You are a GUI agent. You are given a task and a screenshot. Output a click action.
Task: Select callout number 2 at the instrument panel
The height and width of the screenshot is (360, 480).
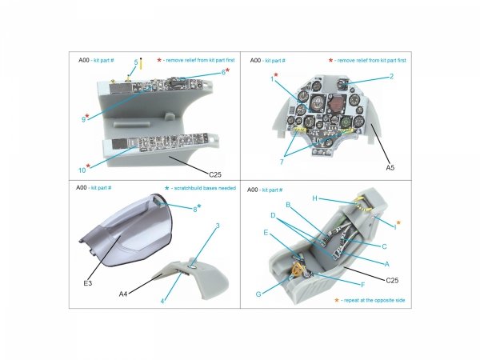[392, 77]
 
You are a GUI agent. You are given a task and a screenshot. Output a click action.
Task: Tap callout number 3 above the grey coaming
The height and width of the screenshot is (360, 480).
[217, 226]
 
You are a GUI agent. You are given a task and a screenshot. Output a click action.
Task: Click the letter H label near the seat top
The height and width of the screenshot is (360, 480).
[314, 198]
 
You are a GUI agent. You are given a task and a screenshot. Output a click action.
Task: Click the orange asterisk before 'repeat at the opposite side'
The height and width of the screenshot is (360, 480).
[336, 300]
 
